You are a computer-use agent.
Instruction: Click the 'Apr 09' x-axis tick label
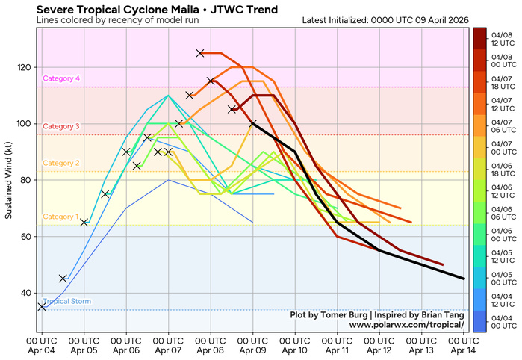coord(253,345)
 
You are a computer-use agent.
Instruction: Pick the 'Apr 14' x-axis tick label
coord(464,345)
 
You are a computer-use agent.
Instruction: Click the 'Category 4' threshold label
coord(61,78)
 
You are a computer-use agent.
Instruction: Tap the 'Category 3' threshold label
coord(61,127)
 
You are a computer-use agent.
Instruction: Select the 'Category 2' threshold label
coord(61,163)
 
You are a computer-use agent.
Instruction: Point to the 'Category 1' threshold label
coord(61,217)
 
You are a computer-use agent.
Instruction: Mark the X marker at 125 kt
coord(200,53)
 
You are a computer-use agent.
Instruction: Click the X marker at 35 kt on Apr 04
coord(42,307)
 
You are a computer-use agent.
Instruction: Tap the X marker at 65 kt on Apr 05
coord(84,223)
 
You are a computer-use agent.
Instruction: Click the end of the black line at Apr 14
coord(464,279)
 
